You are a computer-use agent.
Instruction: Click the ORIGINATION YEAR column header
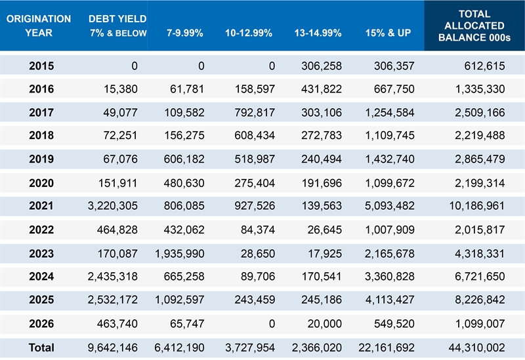pos(39,26)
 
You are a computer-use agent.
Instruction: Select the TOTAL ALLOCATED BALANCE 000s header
pos(474,26)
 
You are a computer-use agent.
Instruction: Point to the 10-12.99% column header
pos(248,32)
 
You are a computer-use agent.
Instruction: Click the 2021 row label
pos(41,206)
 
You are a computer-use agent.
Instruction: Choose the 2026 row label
pos(41,324)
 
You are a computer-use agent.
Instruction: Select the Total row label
pos(41,348)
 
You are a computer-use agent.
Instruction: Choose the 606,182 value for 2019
pos(183,159)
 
